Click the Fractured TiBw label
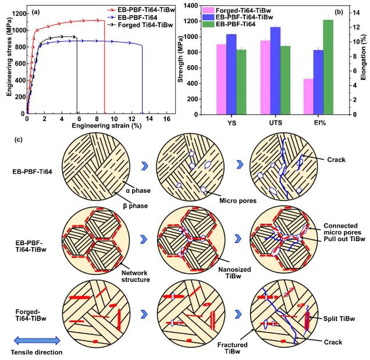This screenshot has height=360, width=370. [x=235, y=348]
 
